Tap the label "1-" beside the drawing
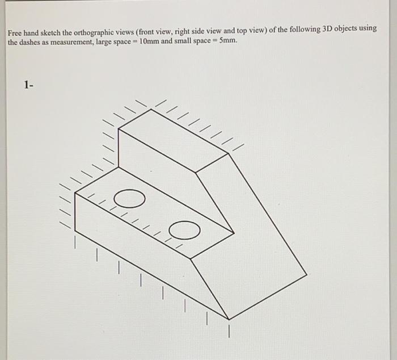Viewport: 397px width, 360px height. [29, 85]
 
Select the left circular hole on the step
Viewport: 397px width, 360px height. [129, 199]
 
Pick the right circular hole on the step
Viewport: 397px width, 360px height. [184, 229]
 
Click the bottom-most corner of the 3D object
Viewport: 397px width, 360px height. [229, 319]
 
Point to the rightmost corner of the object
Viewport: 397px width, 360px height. [307, 274]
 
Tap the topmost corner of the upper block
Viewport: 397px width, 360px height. [151, 110]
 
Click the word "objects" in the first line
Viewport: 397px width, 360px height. [350, 29]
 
